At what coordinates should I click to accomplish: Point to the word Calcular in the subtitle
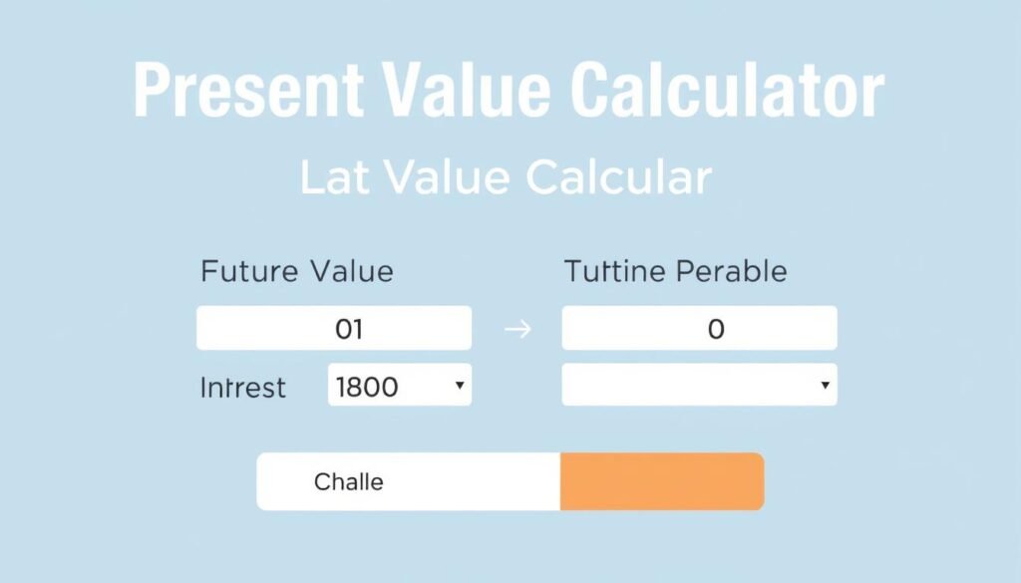(x=618, y=177)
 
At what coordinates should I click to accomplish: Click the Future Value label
(x=296, y=270)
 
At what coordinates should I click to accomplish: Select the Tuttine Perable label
(x=675, y=270)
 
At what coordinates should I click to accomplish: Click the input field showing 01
(x=333, y=328)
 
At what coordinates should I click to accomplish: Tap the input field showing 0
(x=699, y=328)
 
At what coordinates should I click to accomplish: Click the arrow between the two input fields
(x=517, y=329)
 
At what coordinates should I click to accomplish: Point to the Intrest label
(x=243, y=387)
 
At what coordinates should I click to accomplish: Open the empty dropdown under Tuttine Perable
(x=699, y=385)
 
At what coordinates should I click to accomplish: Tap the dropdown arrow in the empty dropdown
(x=824, y=385)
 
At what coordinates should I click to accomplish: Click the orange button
(x=662, y=481)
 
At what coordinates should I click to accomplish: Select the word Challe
(x=348, y=482)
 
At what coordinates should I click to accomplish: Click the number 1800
(x=368, y=386)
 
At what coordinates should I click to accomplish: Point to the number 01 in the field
(x=348, y=329)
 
